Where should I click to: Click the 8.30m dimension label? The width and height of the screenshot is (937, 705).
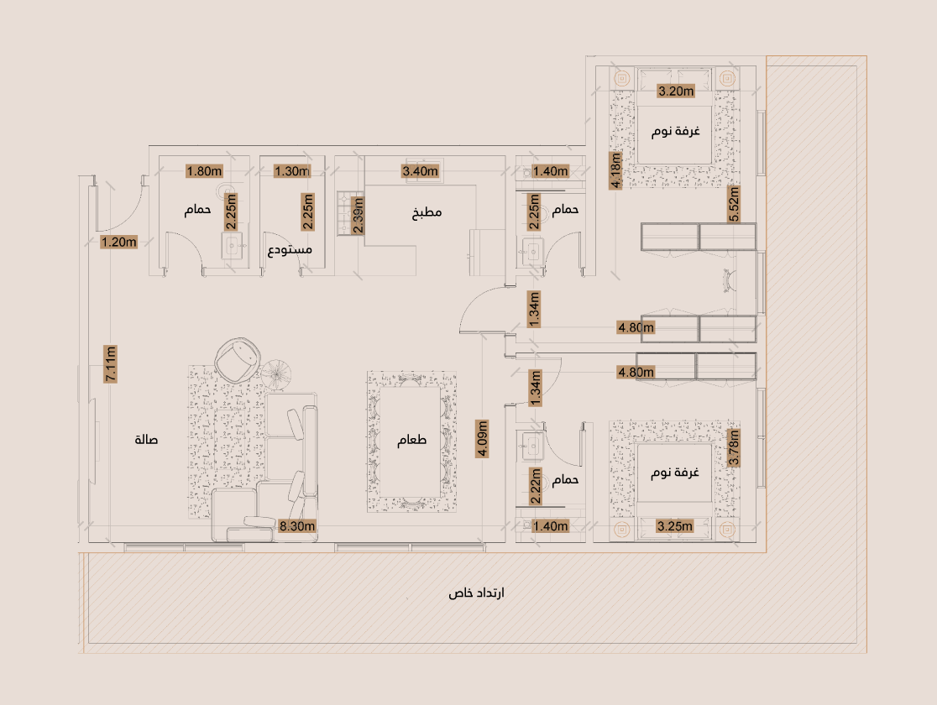[x=297, y=526]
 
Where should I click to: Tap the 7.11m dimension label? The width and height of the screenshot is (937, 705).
[x=111, y=364]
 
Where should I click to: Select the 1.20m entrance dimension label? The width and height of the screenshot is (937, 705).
[x=119, y=242]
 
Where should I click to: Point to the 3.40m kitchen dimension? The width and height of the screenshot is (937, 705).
[x=420, y=171]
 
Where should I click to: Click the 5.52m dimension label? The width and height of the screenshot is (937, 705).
[x=734, y=204]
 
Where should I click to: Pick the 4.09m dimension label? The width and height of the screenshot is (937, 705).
[x=482, y=439]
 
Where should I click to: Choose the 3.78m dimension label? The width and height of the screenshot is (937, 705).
[x=734, y=447]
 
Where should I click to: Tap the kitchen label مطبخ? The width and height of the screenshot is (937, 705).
[x=427, y=212]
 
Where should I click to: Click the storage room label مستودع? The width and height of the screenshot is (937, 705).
[x=290, y=250]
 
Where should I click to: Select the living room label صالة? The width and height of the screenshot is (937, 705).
[x=146, y=440]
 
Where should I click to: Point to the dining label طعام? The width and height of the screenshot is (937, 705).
[x=411, y=440]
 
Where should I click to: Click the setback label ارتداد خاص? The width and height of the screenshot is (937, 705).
[x=476, y=593]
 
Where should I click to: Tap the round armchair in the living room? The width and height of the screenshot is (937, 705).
[x=238, y=360]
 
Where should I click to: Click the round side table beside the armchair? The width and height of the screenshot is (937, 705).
[x=275, y=373]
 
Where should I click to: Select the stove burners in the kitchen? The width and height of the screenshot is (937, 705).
[x=344, y=212]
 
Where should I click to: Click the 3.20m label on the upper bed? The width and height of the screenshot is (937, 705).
[x=676, y=91]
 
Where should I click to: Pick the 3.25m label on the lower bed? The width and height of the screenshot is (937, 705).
[x=675, y=526]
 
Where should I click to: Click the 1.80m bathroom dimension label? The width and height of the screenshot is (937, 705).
[x=204, y=171]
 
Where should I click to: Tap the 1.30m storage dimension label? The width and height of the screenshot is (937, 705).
[x=292, y=171]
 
